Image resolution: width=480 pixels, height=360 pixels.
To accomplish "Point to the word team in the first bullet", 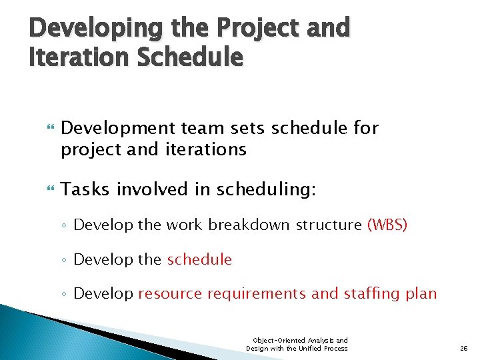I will [x=195, y=128].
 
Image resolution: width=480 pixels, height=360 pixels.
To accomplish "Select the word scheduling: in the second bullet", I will [x=262, y=190].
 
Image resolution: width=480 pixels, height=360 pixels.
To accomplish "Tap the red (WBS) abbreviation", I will [x=387, y=225].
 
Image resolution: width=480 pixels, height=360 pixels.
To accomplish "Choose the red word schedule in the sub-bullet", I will [x=199, y=259].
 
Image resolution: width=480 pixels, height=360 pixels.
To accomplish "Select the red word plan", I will [x=421, y=294].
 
